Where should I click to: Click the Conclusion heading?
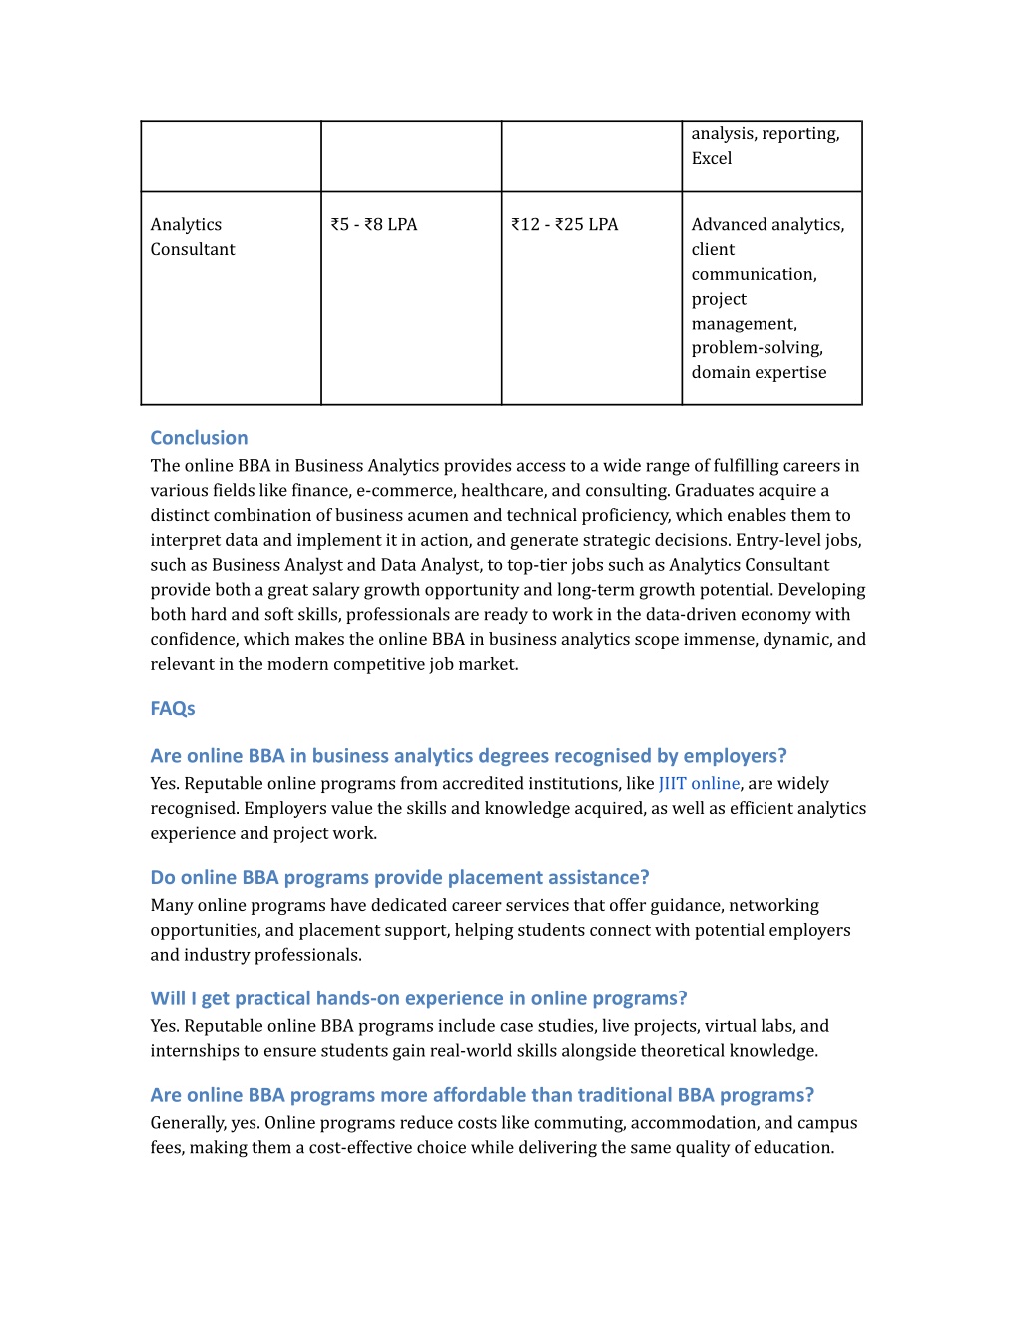[x=199, y=438]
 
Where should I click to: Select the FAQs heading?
[x=173, y=709]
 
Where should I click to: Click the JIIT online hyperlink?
[x=699, y=784]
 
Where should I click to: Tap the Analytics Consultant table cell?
[x=193, y=237]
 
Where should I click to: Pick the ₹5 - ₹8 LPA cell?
[x=374, y=225]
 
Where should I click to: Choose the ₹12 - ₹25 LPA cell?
[x=565, y=225]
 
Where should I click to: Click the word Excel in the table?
[x=712, y=159]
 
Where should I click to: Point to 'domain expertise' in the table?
[x=759, y=373]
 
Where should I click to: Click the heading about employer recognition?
[x=468, y=756]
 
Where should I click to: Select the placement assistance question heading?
[x=399, y=878]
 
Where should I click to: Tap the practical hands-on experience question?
[x=418, y=999]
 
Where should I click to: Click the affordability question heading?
[x=482, y=1096]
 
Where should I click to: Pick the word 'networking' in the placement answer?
[x=773, y=906]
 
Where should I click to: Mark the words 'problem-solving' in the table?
[x=757, y=348]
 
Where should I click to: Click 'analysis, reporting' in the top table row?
[x=766, y=134]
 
